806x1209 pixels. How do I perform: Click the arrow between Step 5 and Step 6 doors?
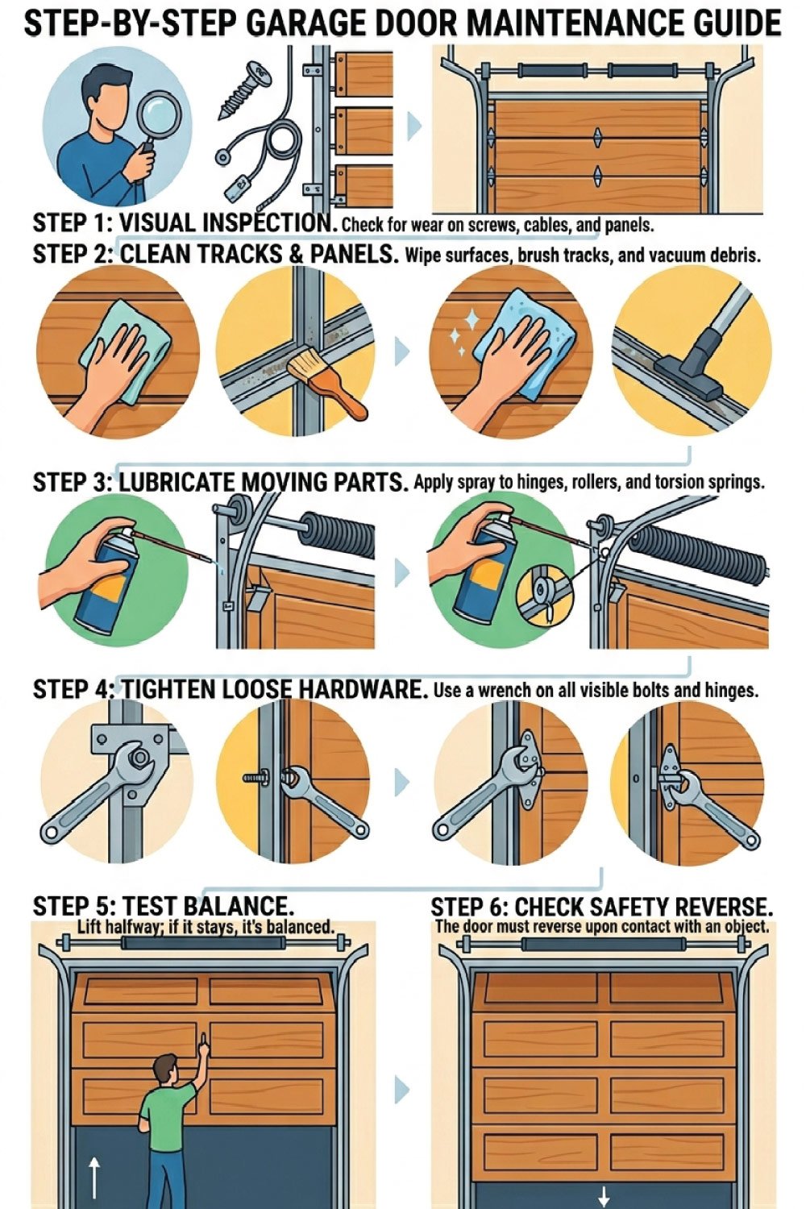coord(402,1090)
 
